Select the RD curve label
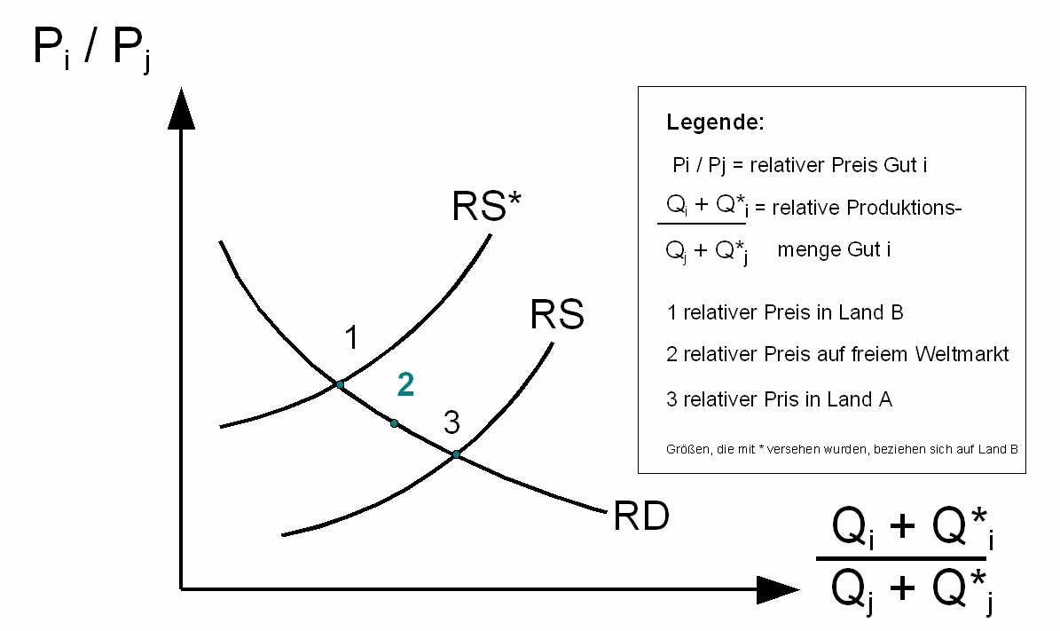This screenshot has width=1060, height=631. coord(640,517)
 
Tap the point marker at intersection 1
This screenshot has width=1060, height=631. coord(340,384)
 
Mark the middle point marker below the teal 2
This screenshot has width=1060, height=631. coord(395,423)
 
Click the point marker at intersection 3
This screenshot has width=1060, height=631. coord(456,454)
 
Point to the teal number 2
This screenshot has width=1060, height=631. coord(405,384)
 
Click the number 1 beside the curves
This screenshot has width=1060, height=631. coord(351,338)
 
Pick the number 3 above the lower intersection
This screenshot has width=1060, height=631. coord(451,423)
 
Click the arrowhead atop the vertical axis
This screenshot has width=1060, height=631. coord(181,108)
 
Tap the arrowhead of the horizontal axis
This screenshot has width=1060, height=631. coord(778,588)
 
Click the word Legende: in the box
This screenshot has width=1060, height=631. coord(715,123)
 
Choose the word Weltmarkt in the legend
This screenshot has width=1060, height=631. coord(964,354)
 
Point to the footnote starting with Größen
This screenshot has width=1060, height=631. coord(841,449)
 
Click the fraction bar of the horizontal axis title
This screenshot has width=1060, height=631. coord(901,558)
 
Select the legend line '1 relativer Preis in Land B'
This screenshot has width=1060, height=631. coord(784,312)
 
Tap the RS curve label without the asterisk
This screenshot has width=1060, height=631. coord(557,316)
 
